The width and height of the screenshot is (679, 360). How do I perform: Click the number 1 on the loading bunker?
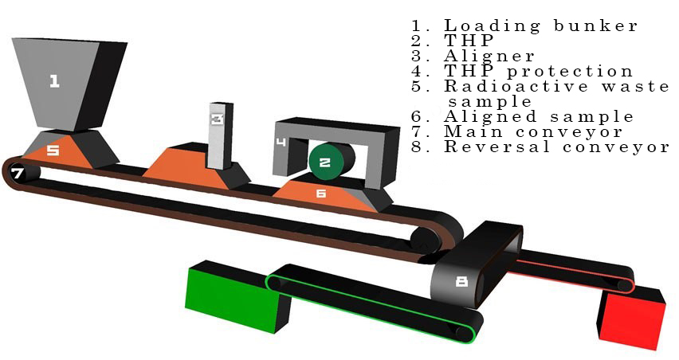[54, 81]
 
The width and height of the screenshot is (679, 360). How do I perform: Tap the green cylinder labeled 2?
[332, 162]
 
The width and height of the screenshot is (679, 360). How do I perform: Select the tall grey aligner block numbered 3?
[221, 136]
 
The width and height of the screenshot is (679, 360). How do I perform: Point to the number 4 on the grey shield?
[281, 142]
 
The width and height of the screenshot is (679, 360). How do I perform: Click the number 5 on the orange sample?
[53, 151]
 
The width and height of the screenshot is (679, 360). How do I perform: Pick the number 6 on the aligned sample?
[321, 193]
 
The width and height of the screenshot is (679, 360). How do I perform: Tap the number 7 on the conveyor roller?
[18, 174]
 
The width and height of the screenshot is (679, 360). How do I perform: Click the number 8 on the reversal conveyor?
[462, 282]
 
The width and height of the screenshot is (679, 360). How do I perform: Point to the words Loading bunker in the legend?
[540, 26]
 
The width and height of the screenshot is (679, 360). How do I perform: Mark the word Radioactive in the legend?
[516, 86]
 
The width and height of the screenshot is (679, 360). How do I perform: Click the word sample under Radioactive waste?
[490, 102]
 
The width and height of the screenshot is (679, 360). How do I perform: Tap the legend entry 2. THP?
[452, 41]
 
